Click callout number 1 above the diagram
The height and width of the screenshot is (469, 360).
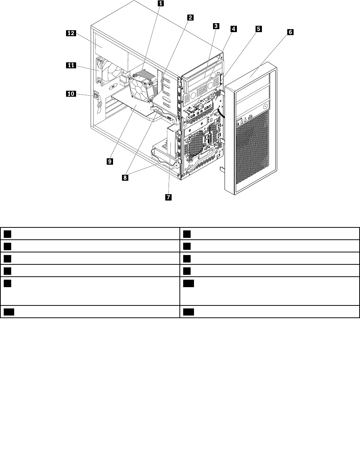click(x=160, y=4)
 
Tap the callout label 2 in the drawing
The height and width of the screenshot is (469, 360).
click(x=190, y=17)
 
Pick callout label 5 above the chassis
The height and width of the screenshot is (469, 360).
click(x=258, y=28)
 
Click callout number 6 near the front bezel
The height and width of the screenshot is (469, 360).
click(x=290, y=32)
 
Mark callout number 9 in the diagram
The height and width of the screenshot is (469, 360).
click(x=110, y=161)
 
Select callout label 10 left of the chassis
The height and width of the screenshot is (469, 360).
click(x=71, y=94)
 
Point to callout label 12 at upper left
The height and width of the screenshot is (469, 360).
click(x=71, y=33)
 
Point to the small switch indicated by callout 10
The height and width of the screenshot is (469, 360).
click(x=97, y=96)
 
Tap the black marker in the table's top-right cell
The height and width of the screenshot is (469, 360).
click(x=187, y=234)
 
